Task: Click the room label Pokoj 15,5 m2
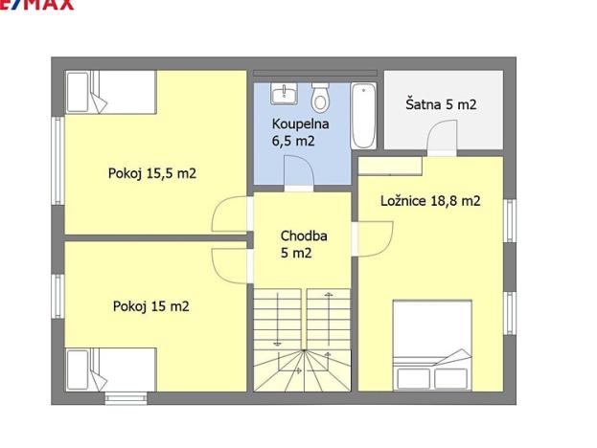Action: point(152,173)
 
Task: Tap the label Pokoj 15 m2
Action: point(150,306)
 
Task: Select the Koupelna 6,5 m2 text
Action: point(300,132)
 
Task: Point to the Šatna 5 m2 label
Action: point(441,104)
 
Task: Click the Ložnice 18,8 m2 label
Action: point(430,201)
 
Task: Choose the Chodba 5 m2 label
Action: point(302,244)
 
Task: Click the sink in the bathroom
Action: point(285,94)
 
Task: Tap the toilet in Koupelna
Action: point(321,96)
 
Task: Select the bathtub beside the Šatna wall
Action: point(363,117)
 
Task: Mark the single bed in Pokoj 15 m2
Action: point(110,368)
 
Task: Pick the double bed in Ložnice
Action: point(433,345)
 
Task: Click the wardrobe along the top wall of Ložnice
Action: point(390,166)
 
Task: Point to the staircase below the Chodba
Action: point(302,340)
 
